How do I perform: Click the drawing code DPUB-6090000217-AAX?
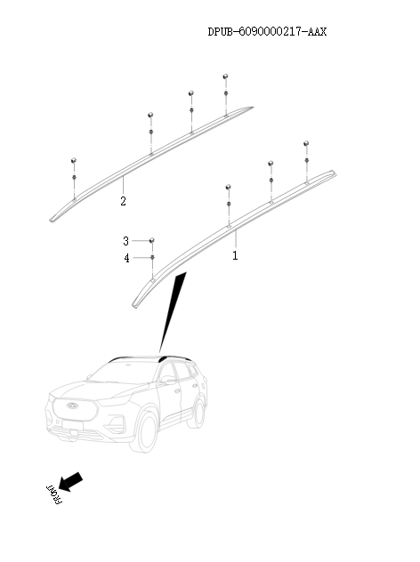pyautogui.click(x=267, y=31)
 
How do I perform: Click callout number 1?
pyautogui.click(x=235, y=255)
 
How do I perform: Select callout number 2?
pyautogui.click(x=123, y=201)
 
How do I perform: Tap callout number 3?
pyautogui.click(x=125, y=241)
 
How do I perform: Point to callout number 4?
pyautogui.click(x=126, y=258)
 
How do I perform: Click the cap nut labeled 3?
pyautogui.click(x=152, y=240)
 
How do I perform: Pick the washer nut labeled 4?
pyautogui.click(x=152, y=257)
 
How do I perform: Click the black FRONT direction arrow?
pyautogui.click(x=70, y=482)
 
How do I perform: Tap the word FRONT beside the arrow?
pyautogui.click(x=54, y=495)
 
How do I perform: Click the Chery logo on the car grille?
pyautogui.click(x=73, y=405)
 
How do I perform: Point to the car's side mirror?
pyautogui.click(x=168, y=379)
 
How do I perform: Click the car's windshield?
pyautogui.click(x=123, y=373)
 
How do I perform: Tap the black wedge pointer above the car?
pyautogui.click(x=173, y=311)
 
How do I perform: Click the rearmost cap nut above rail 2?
pyautogui.click(x=225, y=76)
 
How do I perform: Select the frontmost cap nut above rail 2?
pyautogui.click(x=74, y=160)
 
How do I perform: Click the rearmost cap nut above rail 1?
pyautogui.click(x=306, y=143)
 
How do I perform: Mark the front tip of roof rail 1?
pyautogui.click(x=134, y=306)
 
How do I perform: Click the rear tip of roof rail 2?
pyautogui.click(x=253, y=108)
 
